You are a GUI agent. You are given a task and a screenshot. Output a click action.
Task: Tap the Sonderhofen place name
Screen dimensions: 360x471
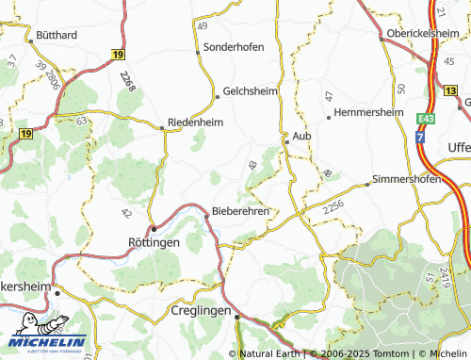(x=234, y=46)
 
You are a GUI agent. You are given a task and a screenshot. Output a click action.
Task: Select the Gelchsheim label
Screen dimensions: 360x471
(x=251, y=92)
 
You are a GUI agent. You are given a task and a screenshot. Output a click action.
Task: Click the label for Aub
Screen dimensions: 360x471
(x=301, y=137)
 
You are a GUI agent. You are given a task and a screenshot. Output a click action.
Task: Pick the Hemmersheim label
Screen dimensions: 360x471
(x=364, y=112)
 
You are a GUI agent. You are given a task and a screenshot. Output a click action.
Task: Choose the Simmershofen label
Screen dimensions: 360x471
(x=407, y=179)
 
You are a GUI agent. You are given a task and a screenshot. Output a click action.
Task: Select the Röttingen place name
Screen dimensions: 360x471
(x=153, y=241)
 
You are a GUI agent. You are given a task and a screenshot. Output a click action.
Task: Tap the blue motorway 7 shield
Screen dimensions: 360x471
(x=422, y=137)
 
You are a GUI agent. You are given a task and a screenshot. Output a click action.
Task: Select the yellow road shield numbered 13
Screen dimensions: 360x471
(x=451, y=91)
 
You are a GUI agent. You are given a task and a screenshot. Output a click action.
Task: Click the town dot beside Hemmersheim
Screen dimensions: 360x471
(x=328, y=118)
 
